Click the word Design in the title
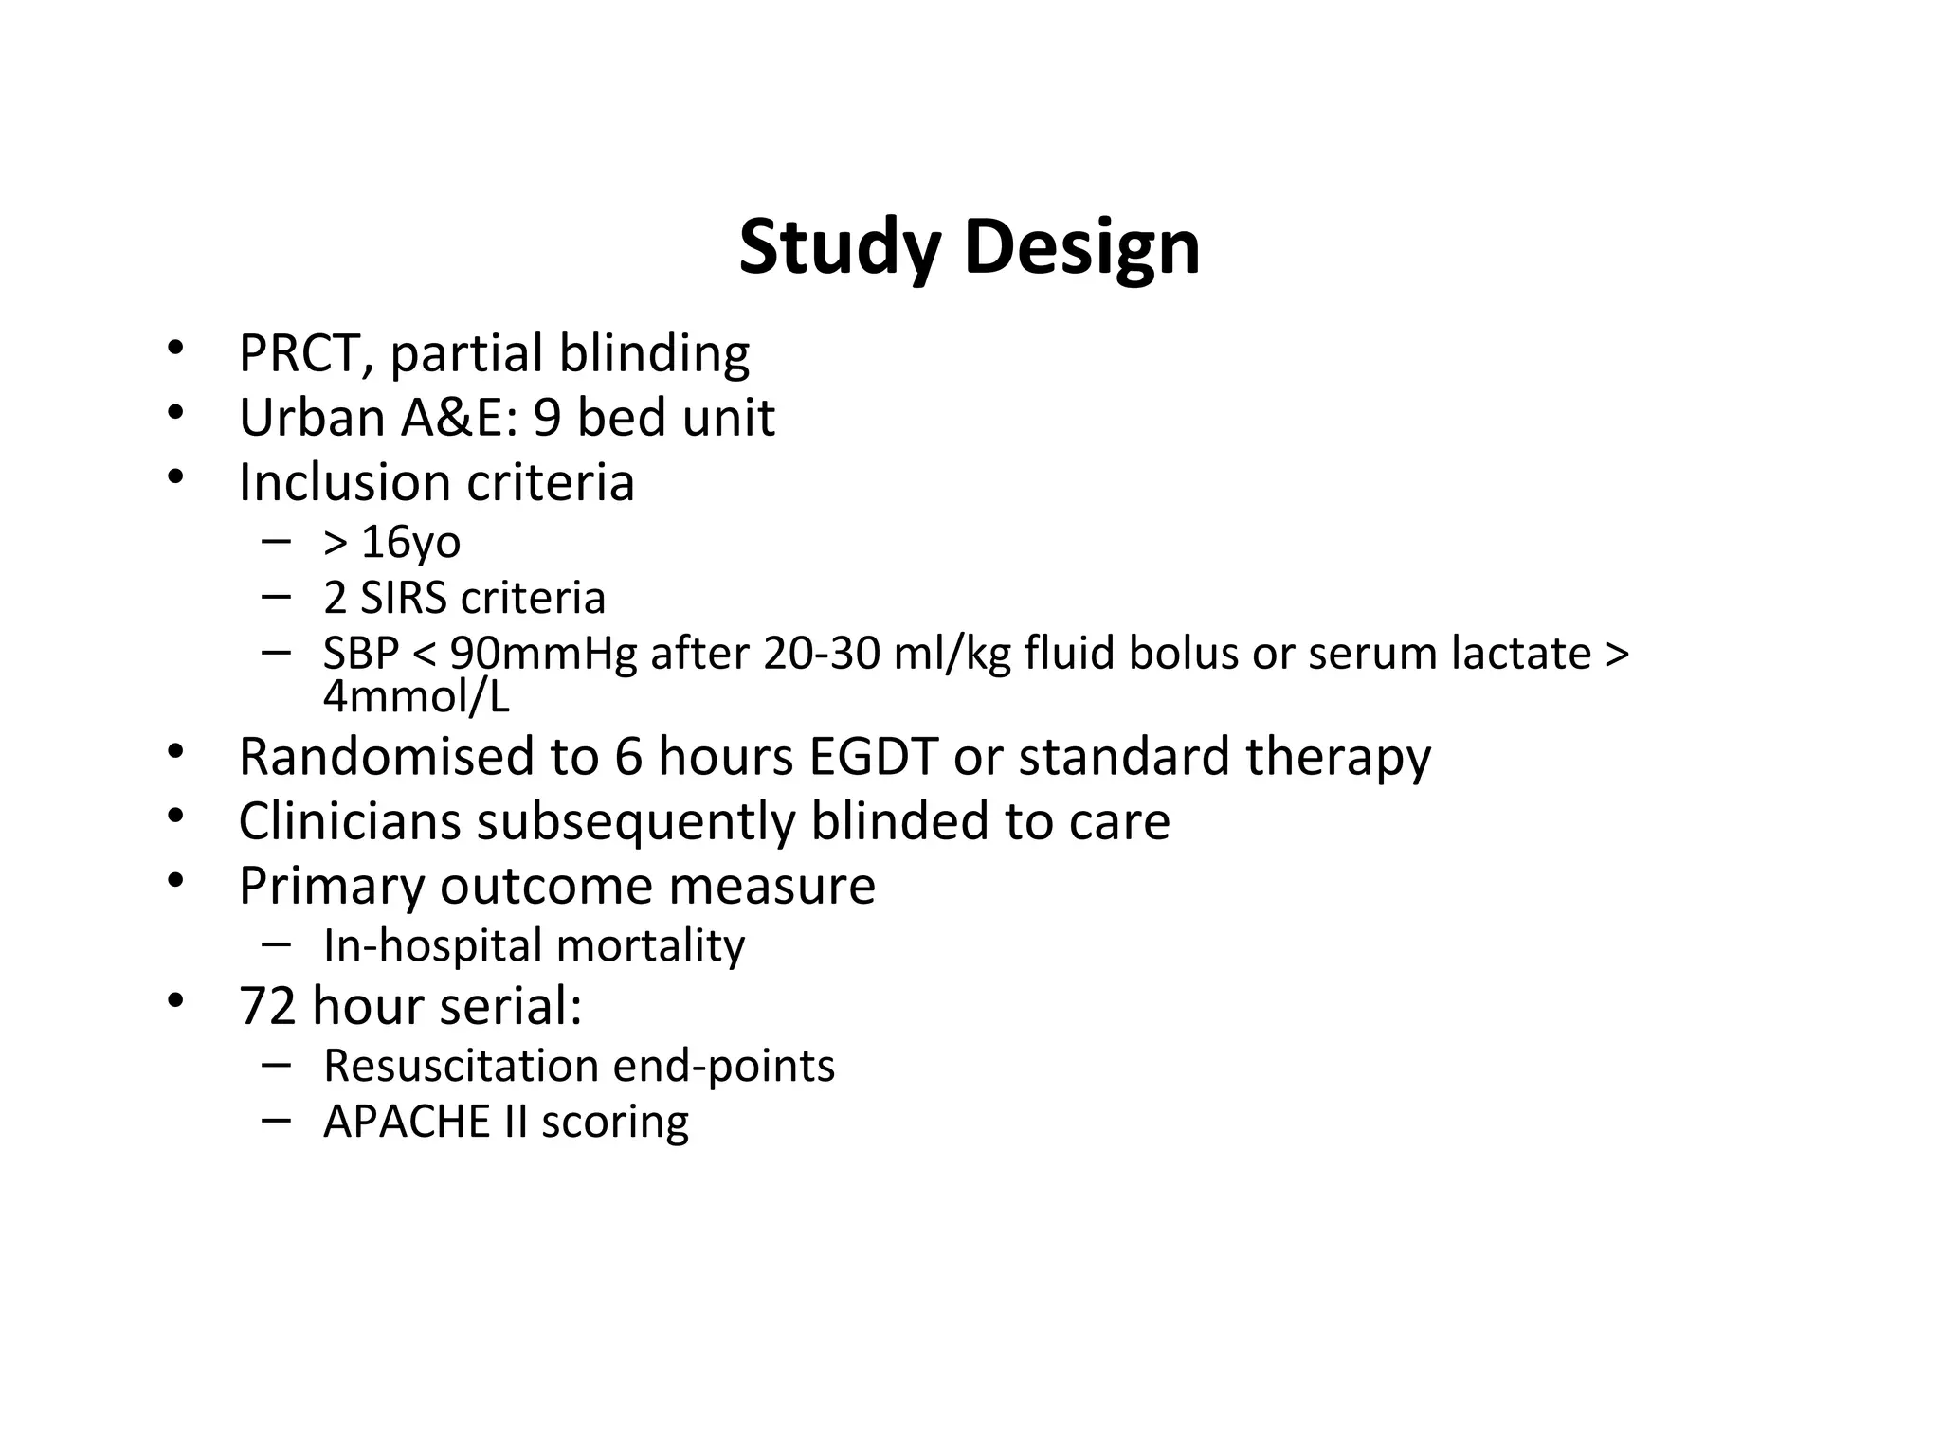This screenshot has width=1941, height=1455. coord(1081,248)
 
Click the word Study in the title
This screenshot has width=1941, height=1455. coord(839,248)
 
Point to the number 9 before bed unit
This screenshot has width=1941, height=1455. coord(547,418)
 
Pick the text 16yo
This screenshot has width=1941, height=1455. coord(410,543)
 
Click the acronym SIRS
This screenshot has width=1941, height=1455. coord(403,598)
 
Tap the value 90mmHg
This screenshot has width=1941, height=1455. coord(543,654)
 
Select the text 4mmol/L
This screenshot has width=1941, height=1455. coord(416,697)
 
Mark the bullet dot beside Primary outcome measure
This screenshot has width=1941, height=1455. coord(174,882)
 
